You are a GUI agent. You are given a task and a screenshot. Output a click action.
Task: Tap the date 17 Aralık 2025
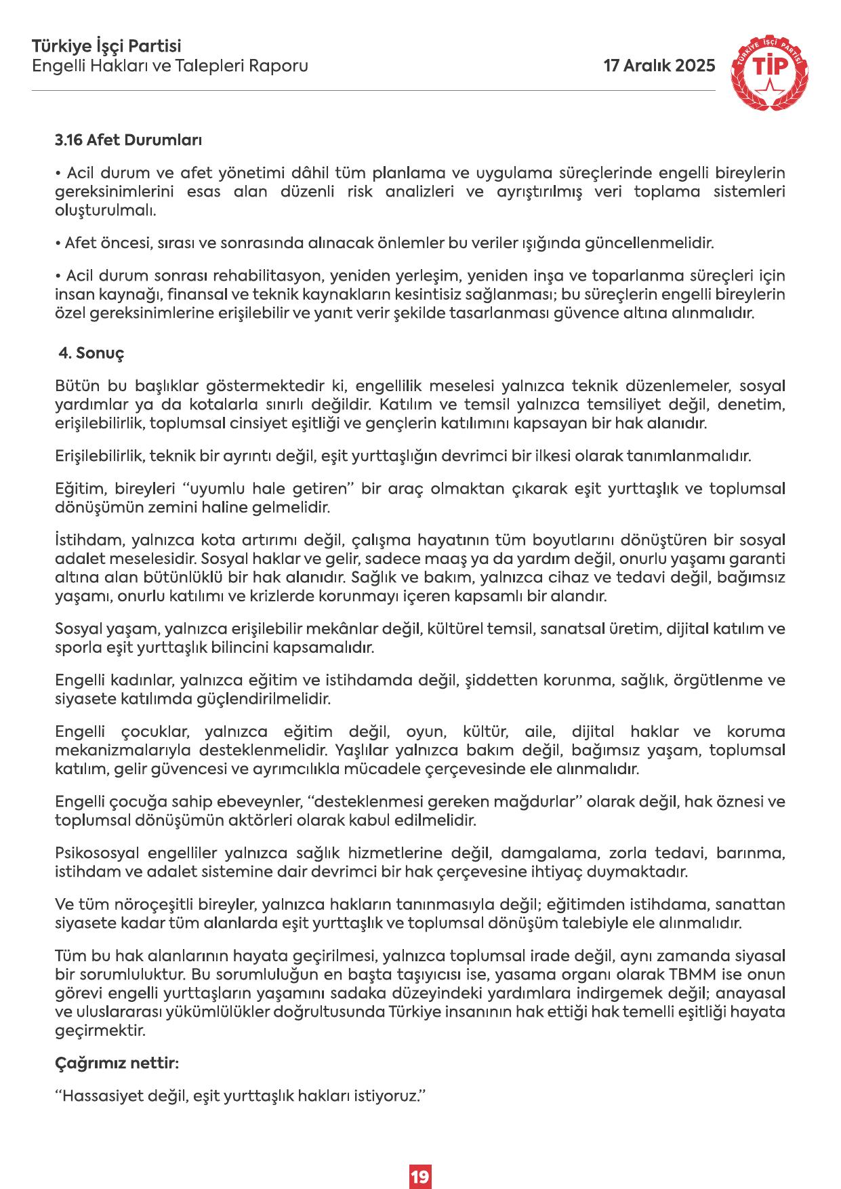click(659, 66)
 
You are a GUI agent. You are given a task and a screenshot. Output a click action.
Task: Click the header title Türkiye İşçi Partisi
click(106, 47)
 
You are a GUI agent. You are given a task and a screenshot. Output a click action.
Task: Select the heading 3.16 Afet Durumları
click(128, 141)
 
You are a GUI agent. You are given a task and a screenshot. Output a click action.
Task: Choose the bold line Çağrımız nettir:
click(117, 1064)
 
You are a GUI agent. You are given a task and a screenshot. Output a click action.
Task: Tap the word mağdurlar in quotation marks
click(535, 802)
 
